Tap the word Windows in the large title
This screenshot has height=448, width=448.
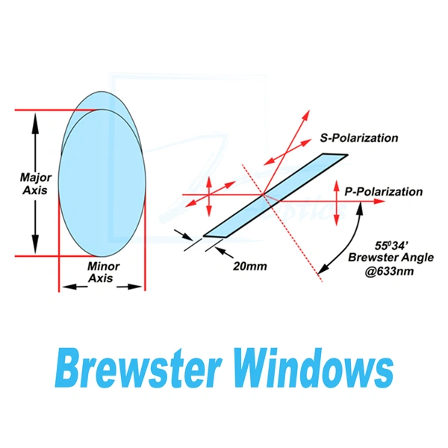tap(314, 369)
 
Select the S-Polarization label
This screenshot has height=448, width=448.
tap(358, 138)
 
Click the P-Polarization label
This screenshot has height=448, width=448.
tap(384, 192)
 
